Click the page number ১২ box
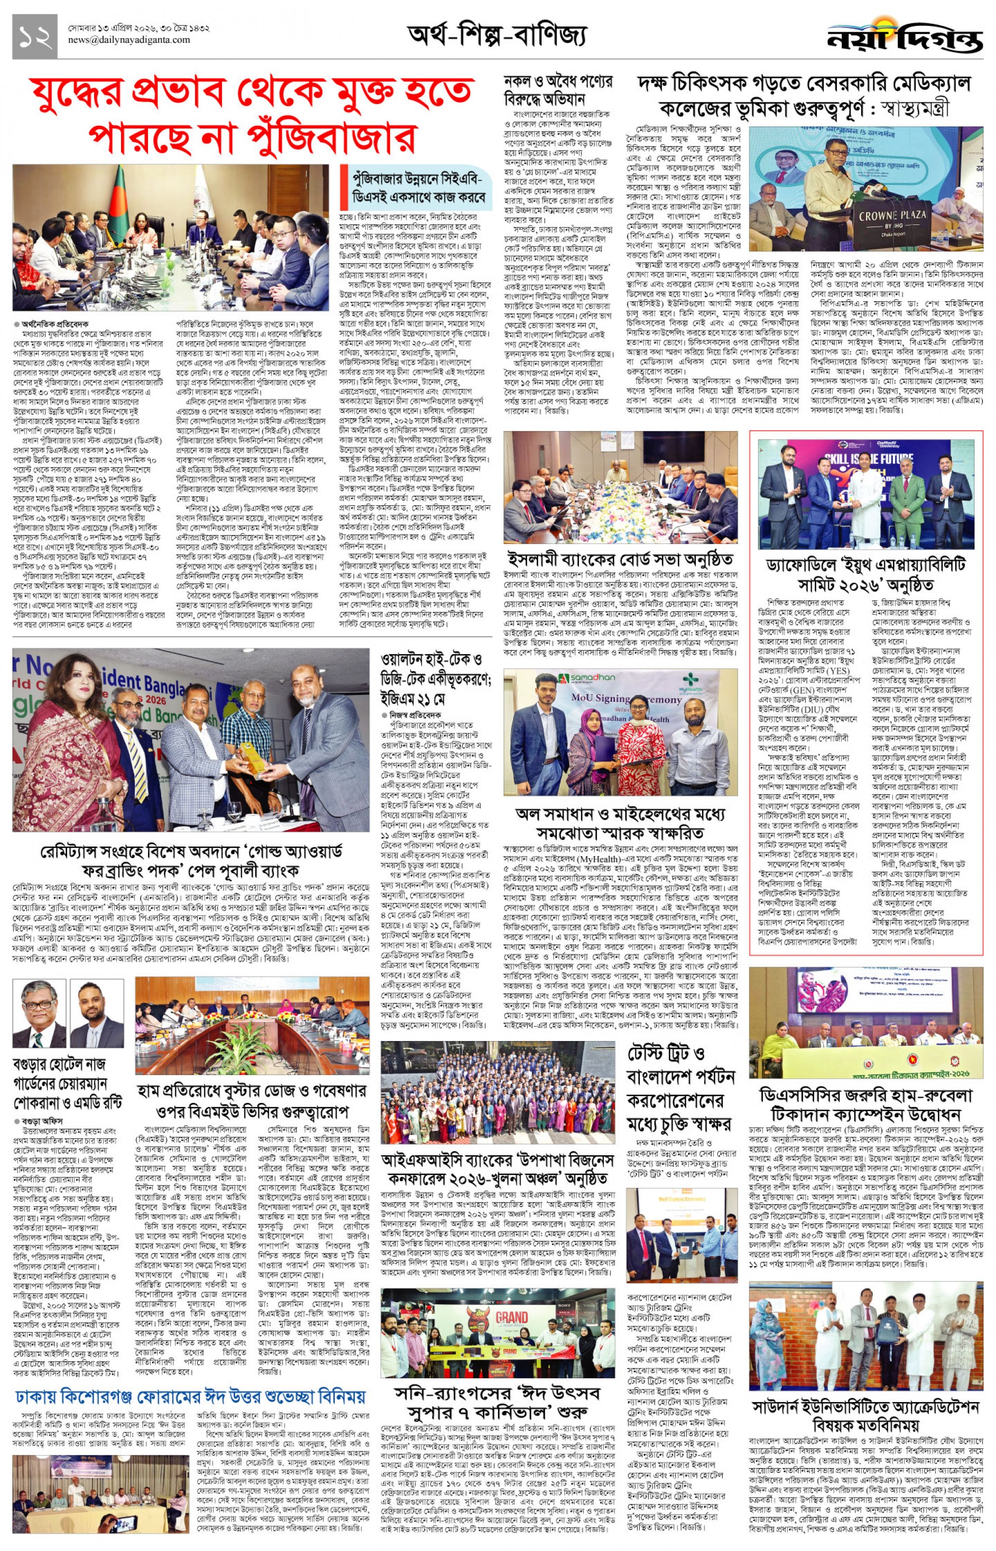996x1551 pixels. pyautogui.click(x=34, y=37)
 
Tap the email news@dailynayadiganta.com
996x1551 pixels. pyautogui.click(x=129, y=40)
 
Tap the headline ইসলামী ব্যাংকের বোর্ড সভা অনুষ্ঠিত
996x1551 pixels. pyautogui.click(x=620, y=559)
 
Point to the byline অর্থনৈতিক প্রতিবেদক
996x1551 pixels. pyautogui.click(x=54, y=324)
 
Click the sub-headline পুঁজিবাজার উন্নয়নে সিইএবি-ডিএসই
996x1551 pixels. pyautogui.click(x=418, y=187)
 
